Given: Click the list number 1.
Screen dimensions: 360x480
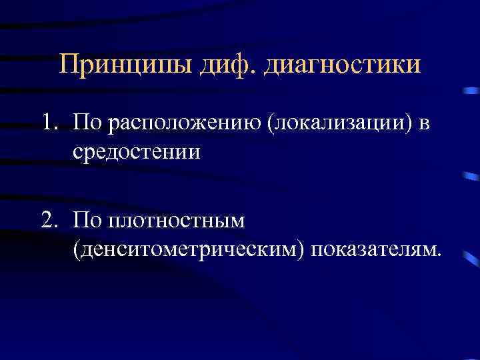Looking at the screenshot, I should point(47,123).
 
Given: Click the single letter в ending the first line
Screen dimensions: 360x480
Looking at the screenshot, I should point(425,125).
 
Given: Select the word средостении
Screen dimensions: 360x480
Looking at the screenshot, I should point(137,151).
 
